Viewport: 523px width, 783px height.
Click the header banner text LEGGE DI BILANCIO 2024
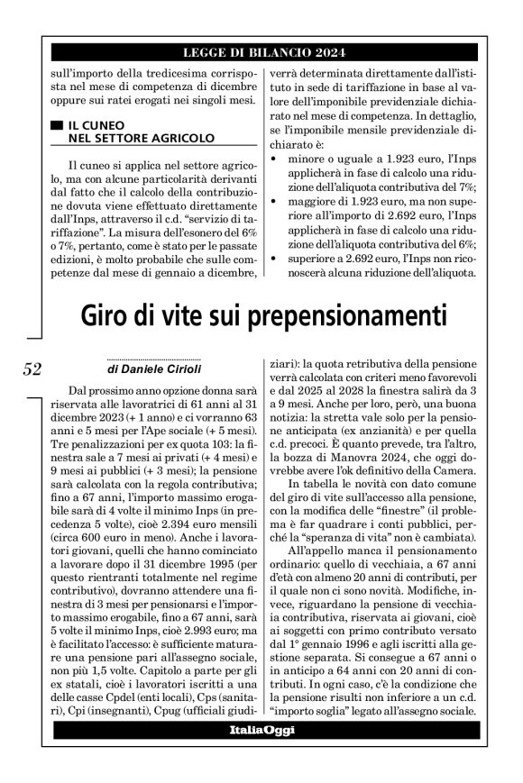tap(261, 52)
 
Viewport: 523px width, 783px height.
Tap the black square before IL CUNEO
tap(57, 125)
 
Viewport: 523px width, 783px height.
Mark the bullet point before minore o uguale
tap(273, 159)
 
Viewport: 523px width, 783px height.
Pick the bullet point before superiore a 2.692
tap(273, 263)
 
